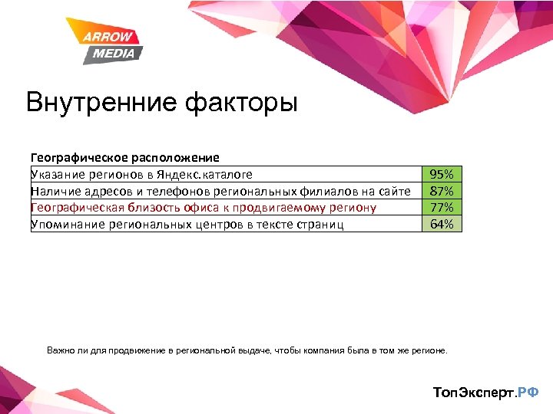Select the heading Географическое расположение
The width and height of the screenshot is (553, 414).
click(124, 158)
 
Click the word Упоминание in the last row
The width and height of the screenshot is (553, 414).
click(64, 224)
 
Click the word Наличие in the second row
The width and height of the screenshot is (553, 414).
click(54, 191)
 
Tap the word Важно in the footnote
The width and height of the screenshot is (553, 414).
click(61, 350)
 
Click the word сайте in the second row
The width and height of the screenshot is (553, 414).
click(395, 191)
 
